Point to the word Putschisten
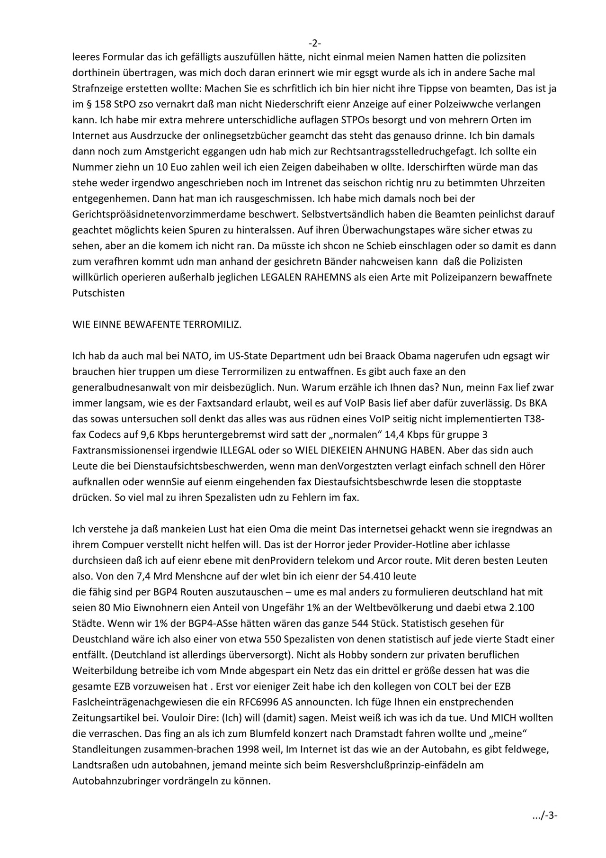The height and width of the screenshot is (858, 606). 98,293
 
